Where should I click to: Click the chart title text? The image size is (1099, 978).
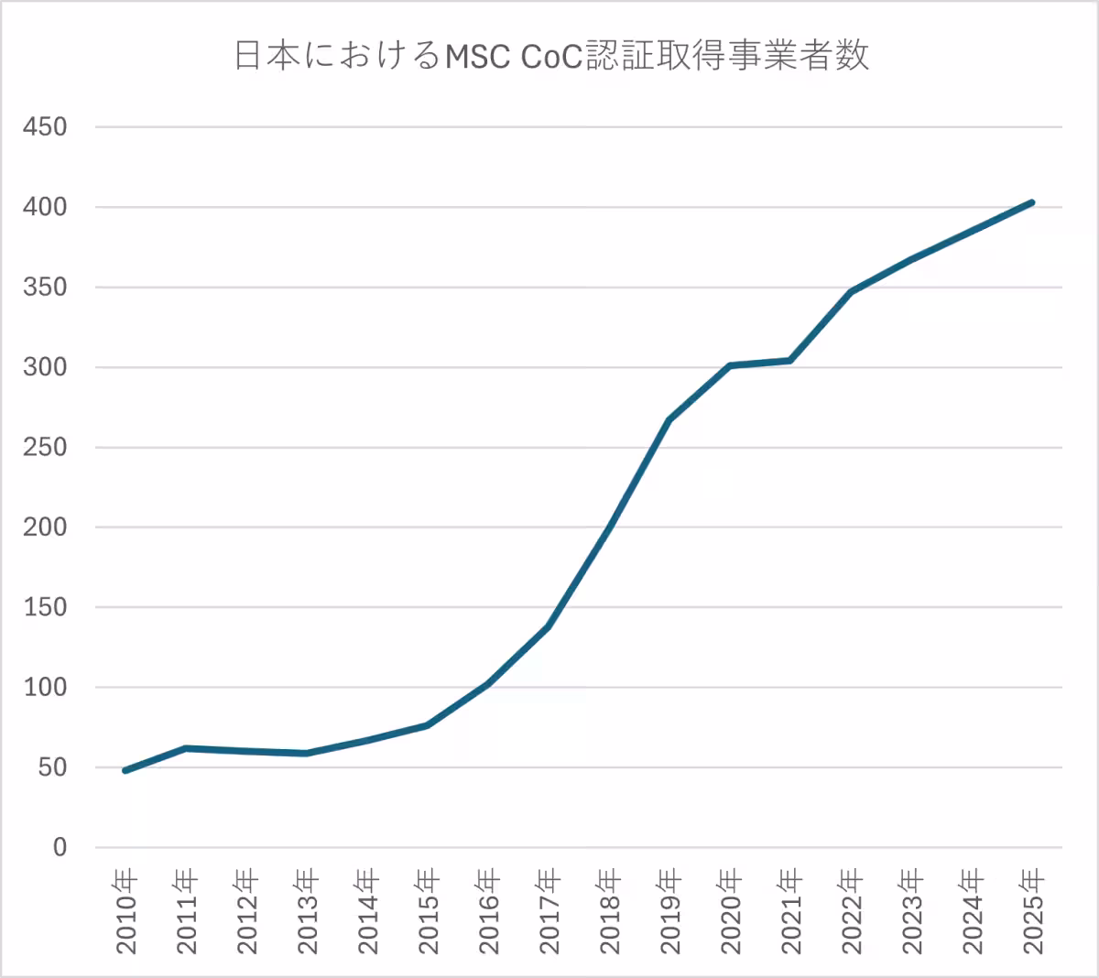[x=550, y=57]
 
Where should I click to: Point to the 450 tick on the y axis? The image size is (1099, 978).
[x=45, y=127]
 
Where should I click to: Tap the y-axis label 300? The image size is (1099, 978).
[x=45, y=367]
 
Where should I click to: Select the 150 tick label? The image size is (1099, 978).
[x=45, y=607]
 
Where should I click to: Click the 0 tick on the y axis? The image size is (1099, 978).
[x=60, y=848]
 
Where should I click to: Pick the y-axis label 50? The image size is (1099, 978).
[x=52, y=767]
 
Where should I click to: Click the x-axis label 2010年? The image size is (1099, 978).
[x=126, y=911]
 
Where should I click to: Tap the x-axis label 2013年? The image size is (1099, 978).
[x=308, y=911]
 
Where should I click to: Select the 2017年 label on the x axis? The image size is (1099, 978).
[x=549, y=911]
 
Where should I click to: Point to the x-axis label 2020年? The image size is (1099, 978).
[x=731, y=911]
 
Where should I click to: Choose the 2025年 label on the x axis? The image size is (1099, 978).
[x=1033, y=911]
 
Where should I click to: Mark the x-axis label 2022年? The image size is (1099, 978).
[x=852, y=911]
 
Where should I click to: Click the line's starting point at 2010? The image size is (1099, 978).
[x=125, y=770]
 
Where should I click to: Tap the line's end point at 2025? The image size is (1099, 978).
[x=1032, y=202]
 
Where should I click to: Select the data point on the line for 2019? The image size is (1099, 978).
[x=669, y=419]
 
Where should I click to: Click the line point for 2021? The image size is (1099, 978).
[x=790, y=360]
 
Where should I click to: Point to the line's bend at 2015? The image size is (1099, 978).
[x=428, y=725]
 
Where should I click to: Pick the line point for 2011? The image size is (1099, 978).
[x=186, y=748]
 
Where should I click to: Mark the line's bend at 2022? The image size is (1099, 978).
[x=851, y=291]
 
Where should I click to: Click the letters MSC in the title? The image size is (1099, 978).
[x=479, y=57]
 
